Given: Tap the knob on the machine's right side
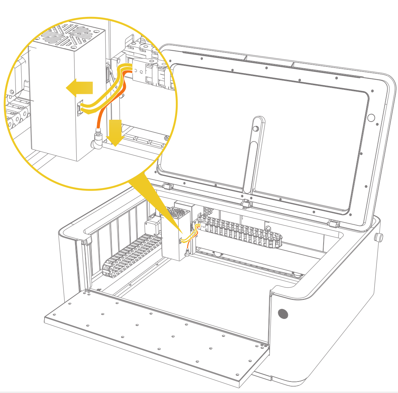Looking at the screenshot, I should [x=379, y=237].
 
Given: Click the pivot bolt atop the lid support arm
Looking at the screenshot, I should [x=256, y=129].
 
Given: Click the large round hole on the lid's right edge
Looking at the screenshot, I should [x=371, y=118].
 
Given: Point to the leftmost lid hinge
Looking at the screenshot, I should [x=166, y=186].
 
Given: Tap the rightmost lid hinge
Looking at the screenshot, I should [x=334, y=223].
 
